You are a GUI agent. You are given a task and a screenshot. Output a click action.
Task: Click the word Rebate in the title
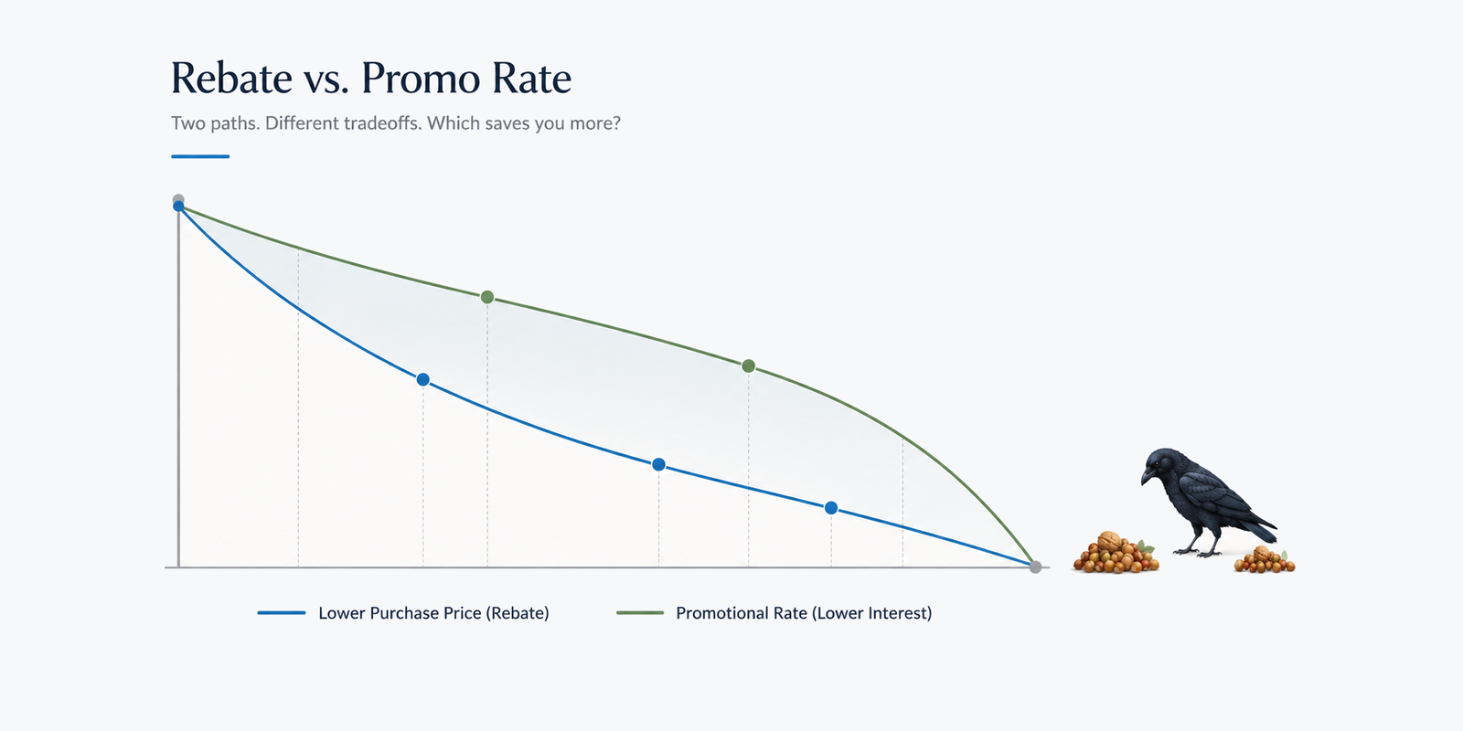click(232, 79)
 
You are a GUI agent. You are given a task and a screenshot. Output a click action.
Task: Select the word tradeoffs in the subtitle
click(383, 122)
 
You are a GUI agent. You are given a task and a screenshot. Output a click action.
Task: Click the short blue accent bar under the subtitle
click(200, 156)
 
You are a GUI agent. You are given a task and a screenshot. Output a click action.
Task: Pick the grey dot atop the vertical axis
click(178, 199)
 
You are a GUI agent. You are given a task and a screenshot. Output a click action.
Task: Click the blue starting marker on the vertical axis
click(178, 207)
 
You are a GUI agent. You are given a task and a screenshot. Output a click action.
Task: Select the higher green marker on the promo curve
click(487, 298)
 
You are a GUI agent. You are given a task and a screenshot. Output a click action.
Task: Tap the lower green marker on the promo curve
click(749, 366)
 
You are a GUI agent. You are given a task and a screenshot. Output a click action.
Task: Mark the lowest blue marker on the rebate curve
click(831, 508)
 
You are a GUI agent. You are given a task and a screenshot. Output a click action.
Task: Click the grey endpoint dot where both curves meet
click(1035, 567)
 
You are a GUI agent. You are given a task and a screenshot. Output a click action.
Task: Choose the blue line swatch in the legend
click(282, 613)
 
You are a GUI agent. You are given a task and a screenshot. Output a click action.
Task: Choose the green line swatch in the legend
click(640, 613)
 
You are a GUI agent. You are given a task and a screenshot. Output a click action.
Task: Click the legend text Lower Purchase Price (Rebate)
click(433, 613)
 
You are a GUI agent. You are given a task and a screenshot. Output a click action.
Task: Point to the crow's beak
click(1147, 476)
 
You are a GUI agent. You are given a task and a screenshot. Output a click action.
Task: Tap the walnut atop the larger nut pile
click(1108, 541)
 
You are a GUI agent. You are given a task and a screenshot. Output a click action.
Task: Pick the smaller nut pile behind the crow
click(1264, 561)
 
